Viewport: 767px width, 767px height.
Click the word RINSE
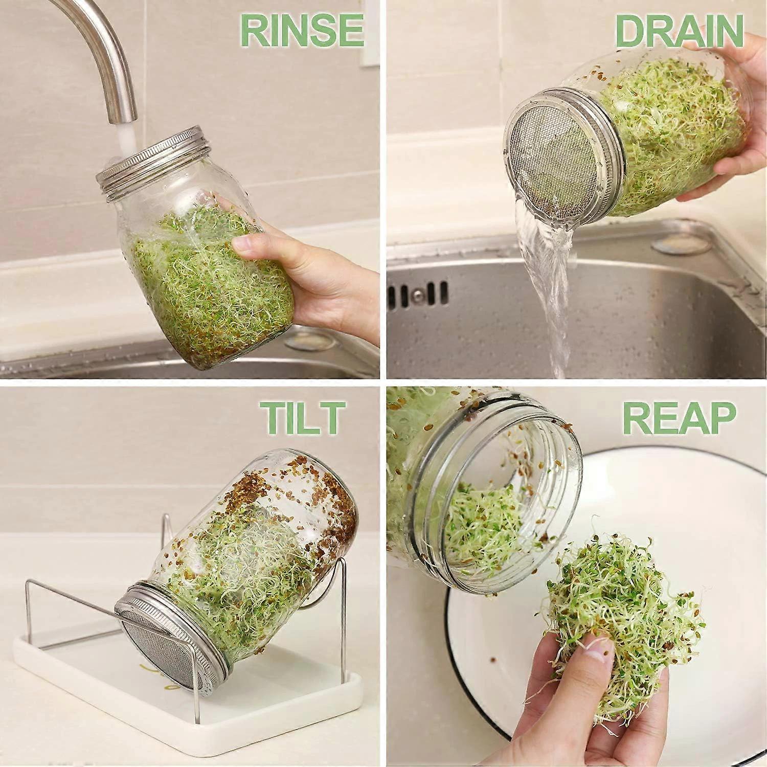pos(302,31)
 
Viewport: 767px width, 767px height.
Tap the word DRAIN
pos(679,31)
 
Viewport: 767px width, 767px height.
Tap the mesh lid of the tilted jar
pos(153,639)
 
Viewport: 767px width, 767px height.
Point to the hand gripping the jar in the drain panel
pos(736,133)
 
